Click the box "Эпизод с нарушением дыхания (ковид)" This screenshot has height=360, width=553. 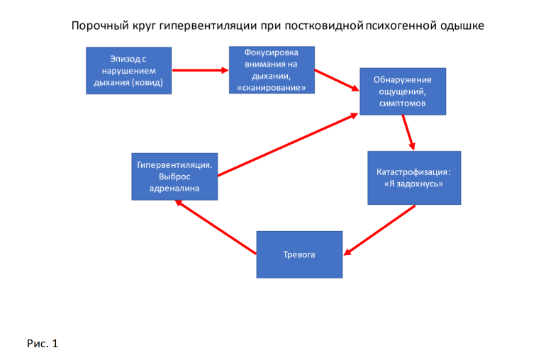click(x=128, y=70)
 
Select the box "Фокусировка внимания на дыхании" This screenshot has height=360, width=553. click(x=272, y=70)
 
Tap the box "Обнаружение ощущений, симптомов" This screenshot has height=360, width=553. click(x=403, y=91)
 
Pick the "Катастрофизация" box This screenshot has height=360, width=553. click(x=414, y=178)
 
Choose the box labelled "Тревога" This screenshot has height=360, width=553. click(x=299, y=254)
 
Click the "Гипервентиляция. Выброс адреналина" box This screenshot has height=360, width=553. click(x=174, y=176)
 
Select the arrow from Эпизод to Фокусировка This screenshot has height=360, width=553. click(x=200, y=70)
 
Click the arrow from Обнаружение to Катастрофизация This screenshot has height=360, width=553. click(x=408, y=133)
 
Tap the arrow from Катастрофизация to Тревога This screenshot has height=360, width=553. click(x=379, y=230)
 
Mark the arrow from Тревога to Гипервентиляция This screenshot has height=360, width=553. click(x=216, y=227)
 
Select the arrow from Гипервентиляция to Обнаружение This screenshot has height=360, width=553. click(x=288, y=144)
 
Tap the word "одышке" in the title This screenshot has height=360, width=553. click(x=465, y=26)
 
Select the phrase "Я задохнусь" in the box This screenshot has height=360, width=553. click(x=414, y=184)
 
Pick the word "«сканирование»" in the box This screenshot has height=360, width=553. click(x=272, y=88)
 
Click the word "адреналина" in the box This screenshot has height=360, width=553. click(x=174, y=189)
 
